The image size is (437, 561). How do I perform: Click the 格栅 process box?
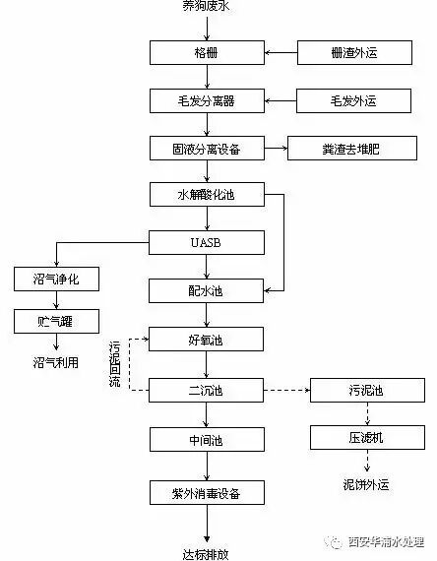[207, 52]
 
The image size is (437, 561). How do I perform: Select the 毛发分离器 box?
[207, 100]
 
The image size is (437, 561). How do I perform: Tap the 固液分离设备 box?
[207, 149]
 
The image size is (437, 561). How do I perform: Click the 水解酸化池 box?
[207, 195]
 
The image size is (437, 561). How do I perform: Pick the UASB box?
[207, 242]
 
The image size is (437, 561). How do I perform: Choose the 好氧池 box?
[207, 341]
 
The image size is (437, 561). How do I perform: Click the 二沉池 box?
[207, 390]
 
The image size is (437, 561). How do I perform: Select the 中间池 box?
[207, 439]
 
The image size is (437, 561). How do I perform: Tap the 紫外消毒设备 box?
[207, 490]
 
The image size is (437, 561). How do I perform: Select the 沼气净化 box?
[56, 280]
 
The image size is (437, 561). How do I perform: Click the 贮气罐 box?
[56, 322]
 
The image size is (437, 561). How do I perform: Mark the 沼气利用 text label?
[55, 363]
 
